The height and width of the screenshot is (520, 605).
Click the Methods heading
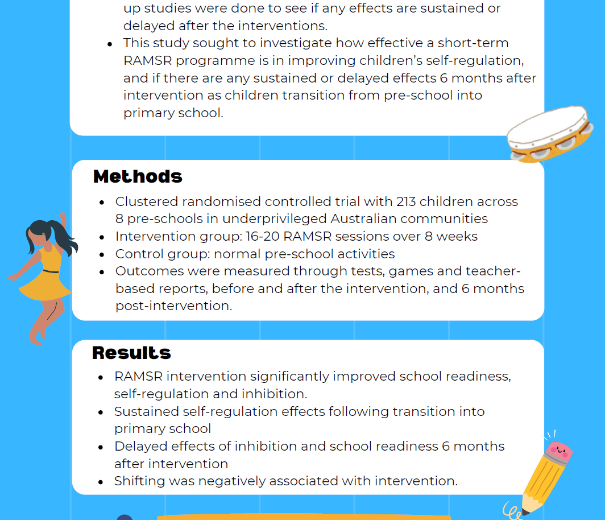138,176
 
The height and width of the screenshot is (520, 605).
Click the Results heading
131,353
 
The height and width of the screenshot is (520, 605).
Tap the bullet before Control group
102,254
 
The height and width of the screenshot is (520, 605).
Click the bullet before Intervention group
102,237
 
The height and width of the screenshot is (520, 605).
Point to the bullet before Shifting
101,482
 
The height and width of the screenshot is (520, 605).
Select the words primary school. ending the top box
173,113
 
